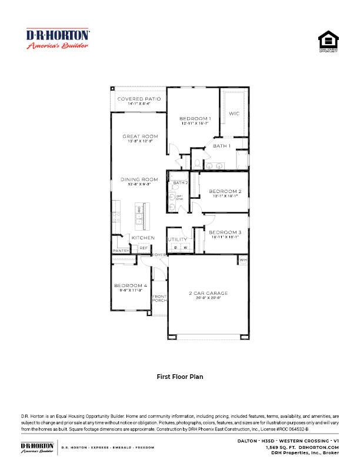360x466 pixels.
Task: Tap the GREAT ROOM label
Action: [x=140, y=137]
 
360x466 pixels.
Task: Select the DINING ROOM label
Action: [x=139, y=179]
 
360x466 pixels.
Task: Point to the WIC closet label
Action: [x=234, y=114]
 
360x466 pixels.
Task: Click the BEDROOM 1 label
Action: [x=195, y=118]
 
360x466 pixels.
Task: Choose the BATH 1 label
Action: [x=221, y=145]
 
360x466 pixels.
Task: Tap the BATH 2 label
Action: [x=180, y=183]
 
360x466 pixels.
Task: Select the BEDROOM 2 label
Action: [x=225, y=191]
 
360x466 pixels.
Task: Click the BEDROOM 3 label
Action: [x=225, y=232]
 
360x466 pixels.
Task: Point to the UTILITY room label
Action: [x=177, y=239]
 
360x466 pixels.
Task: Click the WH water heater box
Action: [x=243, y=259]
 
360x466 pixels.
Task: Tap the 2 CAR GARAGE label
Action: [x=208, y=293]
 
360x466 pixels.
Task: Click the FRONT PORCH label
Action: [x=159, y=298]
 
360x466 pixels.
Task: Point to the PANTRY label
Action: [x=121, y=251]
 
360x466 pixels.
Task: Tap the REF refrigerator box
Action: [x=143, y=248]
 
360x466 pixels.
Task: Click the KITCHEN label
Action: [x=143, y=238]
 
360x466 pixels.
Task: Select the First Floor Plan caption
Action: [x=179, y=375]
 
